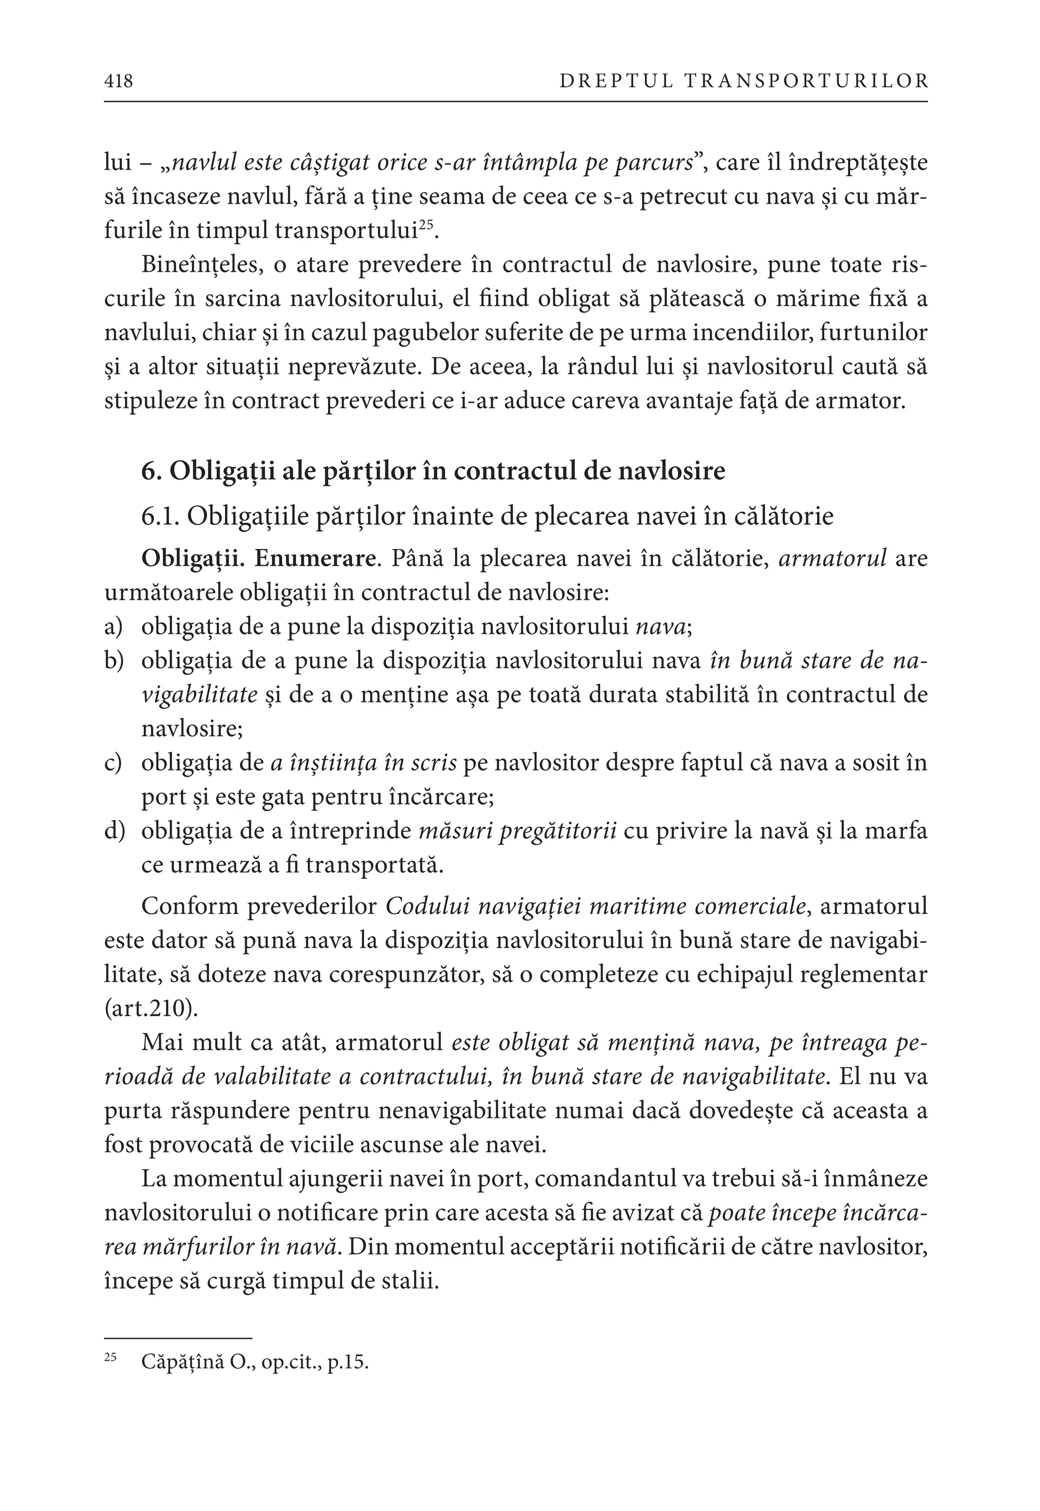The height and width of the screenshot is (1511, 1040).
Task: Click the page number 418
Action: tap(119, 81)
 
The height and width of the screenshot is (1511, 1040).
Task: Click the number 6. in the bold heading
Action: tap(151, 470)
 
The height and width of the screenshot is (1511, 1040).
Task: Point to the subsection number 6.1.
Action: tap(160, 516)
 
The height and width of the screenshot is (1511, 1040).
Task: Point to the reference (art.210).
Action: tap(151, 1009)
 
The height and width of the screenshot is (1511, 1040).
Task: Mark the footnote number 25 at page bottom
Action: tap(110, 1358)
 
